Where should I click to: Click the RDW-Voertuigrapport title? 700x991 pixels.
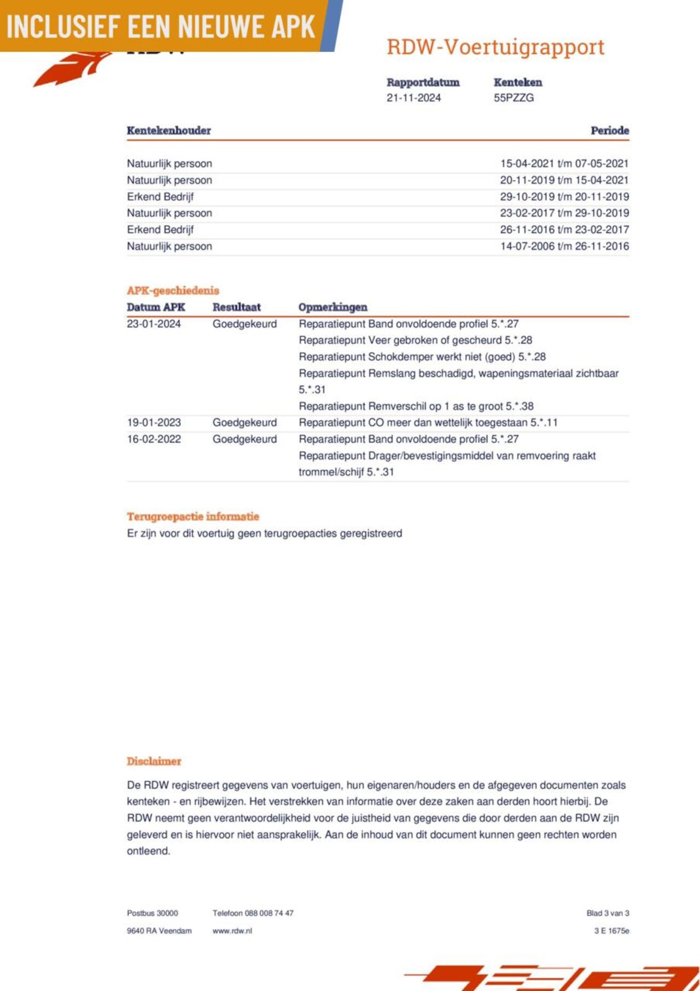pos(495,47)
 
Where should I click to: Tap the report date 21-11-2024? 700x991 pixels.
pos(413,98)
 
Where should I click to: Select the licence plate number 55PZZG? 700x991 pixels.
pos(514,98)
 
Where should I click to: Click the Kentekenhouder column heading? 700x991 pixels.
pos(168,131)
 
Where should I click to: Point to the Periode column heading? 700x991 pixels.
pos(609,131)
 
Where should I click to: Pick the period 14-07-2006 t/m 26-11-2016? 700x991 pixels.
pos(564,246)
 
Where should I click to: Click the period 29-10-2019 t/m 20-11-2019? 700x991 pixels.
pos(564,197)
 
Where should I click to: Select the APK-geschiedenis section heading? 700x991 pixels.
pos(173,290)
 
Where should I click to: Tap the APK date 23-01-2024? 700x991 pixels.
pos(154,324)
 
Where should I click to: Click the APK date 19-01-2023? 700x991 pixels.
pos(154,423)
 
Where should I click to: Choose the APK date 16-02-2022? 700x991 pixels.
pos(154,439)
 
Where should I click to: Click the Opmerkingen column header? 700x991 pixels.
pos(332,307)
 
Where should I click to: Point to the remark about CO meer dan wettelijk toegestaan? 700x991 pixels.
pos(428,423)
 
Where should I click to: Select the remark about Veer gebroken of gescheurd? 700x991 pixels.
pos(415,340)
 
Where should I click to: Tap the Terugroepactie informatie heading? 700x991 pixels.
pos(193,516)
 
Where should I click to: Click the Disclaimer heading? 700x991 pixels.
pos(154,761)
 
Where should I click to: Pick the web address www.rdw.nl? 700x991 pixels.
pos(232,931)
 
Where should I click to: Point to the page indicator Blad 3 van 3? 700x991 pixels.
pos(608,913)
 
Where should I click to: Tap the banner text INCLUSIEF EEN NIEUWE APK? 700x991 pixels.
pos(161,26)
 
